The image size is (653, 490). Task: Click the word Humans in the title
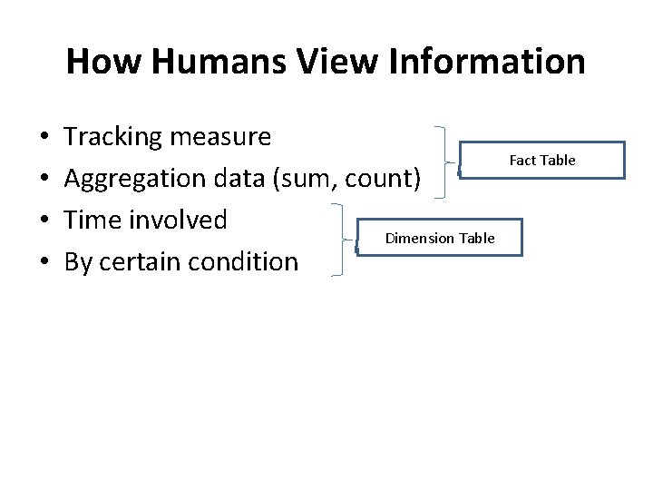(187, 62)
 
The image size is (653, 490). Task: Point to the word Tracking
(114, 138)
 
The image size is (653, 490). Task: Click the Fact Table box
(542, 161)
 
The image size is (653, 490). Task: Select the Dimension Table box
(440, 238)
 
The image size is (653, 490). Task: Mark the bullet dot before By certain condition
(45, 263)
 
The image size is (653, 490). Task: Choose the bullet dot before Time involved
(45, 221)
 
